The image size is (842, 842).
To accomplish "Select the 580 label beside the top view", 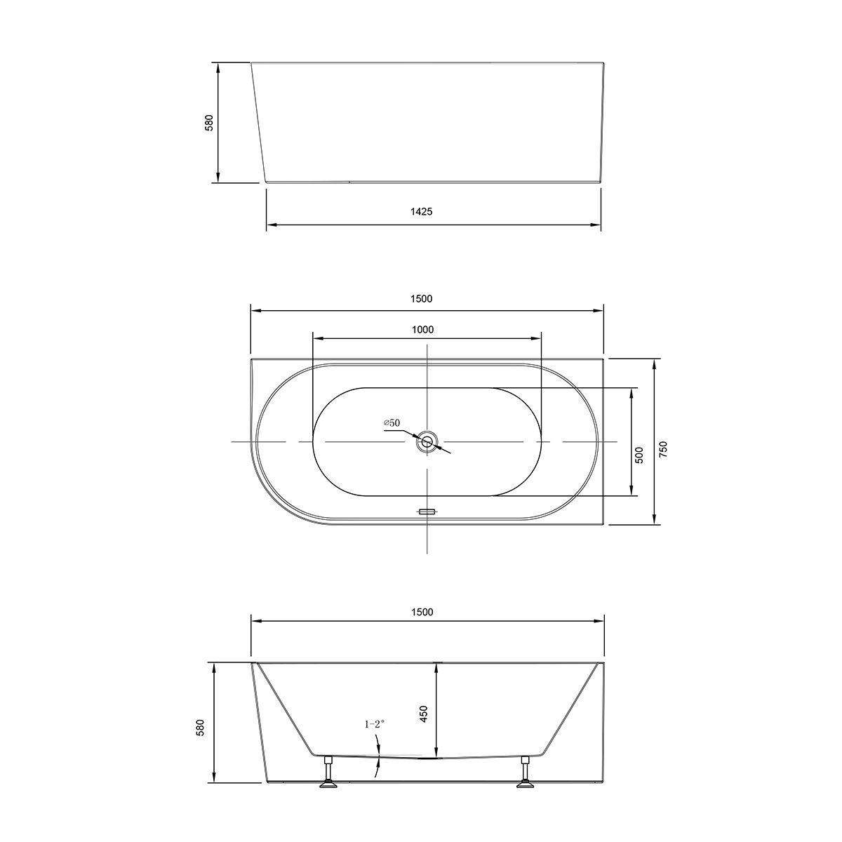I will (208, 123).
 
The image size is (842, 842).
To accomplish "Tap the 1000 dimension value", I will (422, 330).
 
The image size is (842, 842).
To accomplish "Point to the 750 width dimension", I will (663, 450).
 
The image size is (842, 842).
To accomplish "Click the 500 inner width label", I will (639, 455).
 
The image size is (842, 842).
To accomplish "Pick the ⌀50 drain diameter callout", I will (392, 422).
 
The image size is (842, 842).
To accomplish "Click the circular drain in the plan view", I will (427, 442).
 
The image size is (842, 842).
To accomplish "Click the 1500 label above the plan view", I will (422, 298).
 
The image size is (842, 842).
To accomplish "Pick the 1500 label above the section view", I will (422, 612).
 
